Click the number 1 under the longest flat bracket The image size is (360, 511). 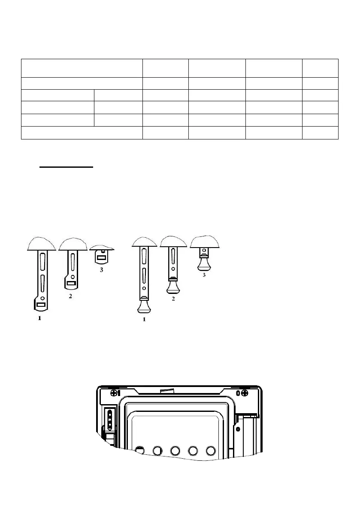pyautogui.click(x=39, y=318)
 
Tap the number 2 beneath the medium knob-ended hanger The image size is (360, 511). pyautogui.click(x=173, y=299)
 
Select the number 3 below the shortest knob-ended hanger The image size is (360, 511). pyautogui.click(x=204, y=275)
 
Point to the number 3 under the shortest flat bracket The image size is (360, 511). pyautogui.click(x=101, y=270)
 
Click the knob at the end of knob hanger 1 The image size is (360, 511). pyautogui.click(x=144, y=306)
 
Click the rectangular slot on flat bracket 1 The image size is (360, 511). pyautogui.click(x=41, y=305)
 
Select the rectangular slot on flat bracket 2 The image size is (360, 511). pyautogui.click(x=71, y=283)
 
